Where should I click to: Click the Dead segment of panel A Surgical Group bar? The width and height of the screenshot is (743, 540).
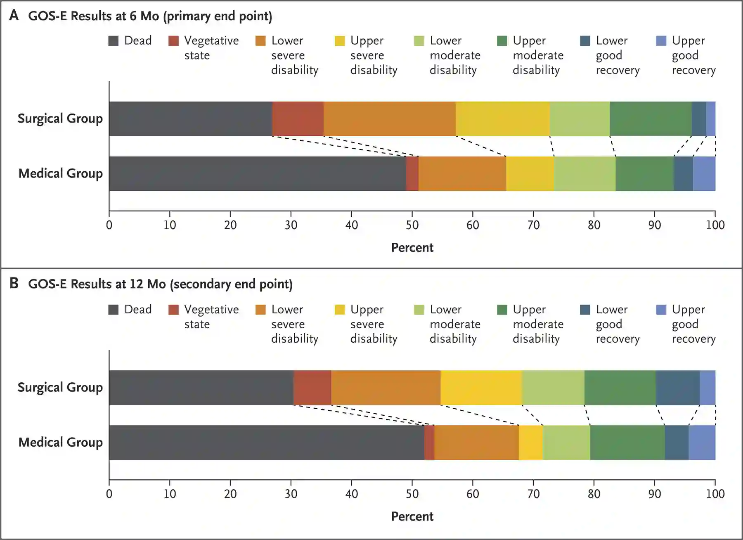coord(190,119)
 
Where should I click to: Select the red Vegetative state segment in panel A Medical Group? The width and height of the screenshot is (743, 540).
coord(412,174)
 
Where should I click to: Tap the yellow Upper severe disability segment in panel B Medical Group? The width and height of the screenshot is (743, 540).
coord(530,443)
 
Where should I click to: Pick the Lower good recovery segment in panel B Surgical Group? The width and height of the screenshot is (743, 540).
coord(677,388)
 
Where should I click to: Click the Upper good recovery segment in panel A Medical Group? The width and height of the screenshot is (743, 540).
coord(704,174)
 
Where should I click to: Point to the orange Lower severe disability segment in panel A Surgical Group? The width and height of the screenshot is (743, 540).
coord(389,119)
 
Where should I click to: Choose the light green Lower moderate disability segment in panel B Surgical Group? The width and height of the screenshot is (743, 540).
coord(553,388)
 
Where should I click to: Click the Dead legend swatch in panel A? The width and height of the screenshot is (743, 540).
coord(114,41)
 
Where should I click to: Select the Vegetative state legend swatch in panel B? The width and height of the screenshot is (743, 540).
coord(174,310)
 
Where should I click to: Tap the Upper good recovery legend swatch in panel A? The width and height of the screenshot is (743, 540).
coord(661,41)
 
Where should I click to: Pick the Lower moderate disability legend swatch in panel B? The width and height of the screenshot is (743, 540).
coord(419,310)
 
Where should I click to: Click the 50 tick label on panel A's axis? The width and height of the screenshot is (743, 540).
coord(412,225)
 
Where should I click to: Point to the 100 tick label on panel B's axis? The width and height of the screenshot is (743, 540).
coord(715,494)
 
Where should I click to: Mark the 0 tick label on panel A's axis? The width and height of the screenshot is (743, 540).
coord(109,225)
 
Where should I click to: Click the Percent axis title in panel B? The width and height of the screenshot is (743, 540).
coord(412,516)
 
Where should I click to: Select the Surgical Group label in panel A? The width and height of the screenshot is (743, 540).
coord(60,119)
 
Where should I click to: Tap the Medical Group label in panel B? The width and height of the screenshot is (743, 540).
coord(60,443)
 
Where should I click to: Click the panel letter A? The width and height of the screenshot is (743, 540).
coord(14,15)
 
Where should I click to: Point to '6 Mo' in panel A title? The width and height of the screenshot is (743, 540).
coord(144,16)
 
